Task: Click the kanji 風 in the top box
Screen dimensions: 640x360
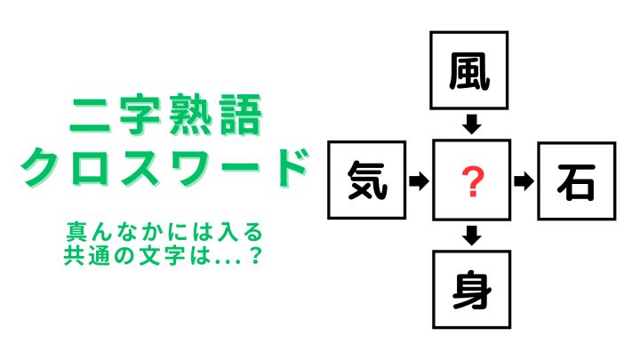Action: (x=469, y=71)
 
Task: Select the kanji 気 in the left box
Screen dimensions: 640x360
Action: (x=367, y=180)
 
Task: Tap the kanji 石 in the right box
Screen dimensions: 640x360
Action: (x=576, y=182)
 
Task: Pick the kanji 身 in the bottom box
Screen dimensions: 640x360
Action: (x=471, y=290)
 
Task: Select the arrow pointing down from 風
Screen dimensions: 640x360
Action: (x=472, y=124)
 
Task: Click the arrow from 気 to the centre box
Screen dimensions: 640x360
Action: (x=419, y=180)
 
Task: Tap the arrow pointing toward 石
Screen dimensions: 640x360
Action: (x=524, y=181)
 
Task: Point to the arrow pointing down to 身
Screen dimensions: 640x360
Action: (x=472, y=236)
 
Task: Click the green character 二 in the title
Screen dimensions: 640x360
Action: (x=90, y=116)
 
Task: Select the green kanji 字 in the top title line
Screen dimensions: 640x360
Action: (x=140, y=115)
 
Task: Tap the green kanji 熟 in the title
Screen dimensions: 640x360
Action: (x=189, y=115)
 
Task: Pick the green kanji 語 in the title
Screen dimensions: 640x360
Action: (x=241, y=115)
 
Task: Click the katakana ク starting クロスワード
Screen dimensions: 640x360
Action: (x=42, y=167)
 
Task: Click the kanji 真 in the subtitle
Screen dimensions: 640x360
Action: (x=76, y=232)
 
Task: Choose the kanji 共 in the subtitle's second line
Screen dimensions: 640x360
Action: (x=74, y=255)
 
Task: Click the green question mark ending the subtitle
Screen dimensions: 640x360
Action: (x=255, y=255)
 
